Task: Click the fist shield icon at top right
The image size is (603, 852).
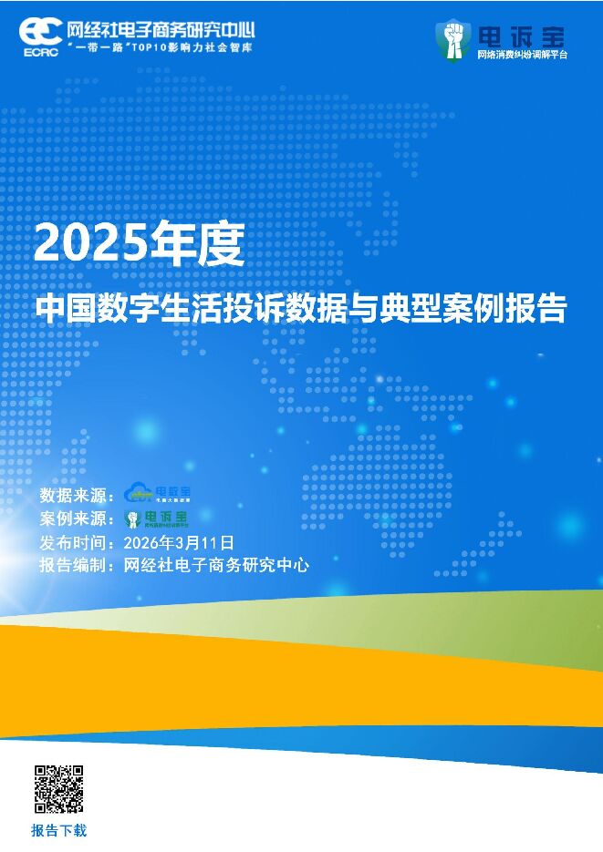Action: (x=452, y=39)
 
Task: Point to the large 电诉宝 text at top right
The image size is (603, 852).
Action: (x=521, y=36)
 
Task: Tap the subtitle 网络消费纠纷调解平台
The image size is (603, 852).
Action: (x=522, y=55)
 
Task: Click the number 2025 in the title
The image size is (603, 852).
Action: (x=90, y=244)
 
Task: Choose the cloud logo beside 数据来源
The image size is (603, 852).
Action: (x=158, y=493)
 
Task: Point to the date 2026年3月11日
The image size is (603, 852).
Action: (x=178, y=542)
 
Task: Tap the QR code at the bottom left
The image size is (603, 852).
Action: (x=58, y=789)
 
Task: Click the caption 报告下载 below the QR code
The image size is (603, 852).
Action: (x=58, y=830)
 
